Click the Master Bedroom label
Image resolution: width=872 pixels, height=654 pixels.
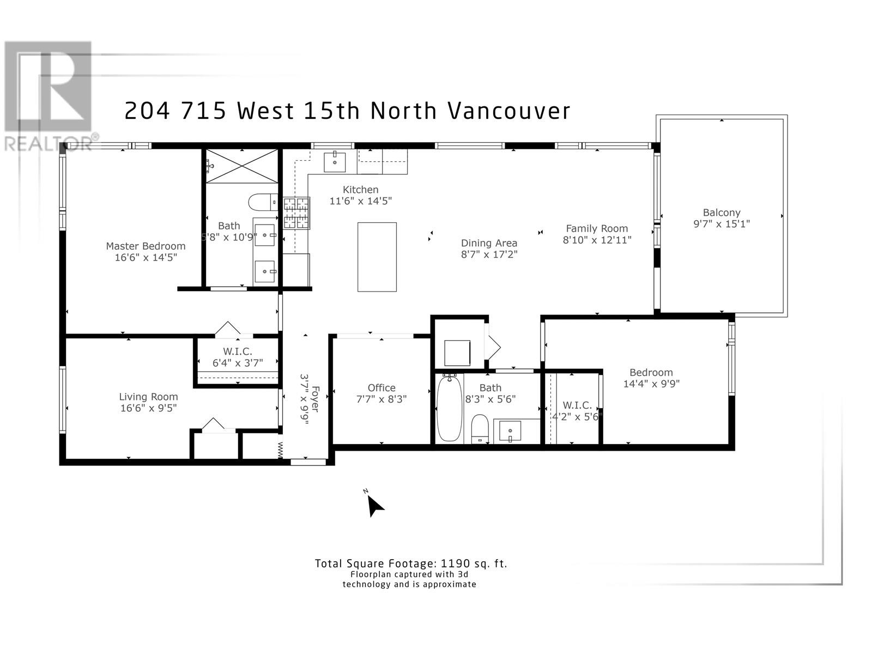point(146,246)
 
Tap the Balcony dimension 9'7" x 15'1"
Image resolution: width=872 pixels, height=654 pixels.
point(722,224)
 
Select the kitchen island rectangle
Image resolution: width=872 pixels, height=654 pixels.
point(377,257)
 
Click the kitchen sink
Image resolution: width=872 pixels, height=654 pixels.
point(335,162)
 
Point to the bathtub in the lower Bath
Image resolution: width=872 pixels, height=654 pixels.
point(449,409)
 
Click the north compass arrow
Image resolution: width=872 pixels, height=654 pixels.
point(374,506)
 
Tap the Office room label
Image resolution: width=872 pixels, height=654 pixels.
point(381,388)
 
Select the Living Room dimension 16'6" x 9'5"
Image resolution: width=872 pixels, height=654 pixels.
point(149,408)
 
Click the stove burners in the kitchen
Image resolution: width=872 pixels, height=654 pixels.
point(296,213)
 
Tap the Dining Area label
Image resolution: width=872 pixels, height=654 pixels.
point(489,243)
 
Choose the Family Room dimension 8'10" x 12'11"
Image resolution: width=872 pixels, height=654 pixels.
point(597,240)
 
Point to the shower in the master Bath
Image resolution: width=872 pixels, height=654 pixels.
point(241,166)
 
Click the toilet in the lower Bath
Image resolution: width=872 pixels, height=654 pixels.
point(480,429)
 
